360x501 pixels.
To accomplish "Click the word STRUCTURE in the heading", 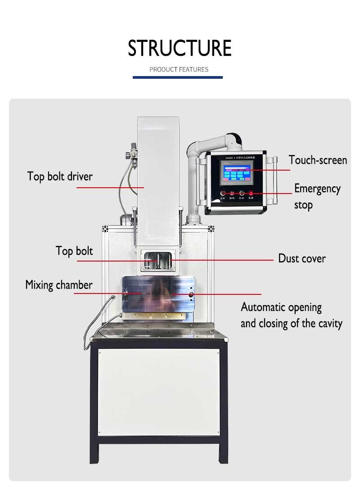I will (180, 48).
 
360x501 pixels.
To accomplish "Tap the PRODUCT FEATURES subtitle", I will (179, 69).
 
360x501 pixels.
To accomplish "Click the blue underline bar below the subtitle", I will (177, 77).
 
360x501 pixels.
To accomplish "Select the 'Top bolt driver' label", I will (60, 176).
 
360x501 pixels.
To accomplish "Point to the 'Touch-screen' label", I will (318, 160).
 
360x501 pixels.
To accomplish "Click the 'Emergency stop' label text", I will (317, 196).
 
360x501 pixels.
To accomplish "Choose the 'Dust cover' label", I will (301, 258).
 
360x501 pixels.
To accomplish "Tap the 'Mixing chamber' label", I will (59, 285).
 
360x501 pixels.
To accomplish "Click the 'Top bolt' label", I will (74, 251).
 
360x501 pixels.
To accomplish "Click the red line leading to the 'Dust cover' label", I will (225, 260).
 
